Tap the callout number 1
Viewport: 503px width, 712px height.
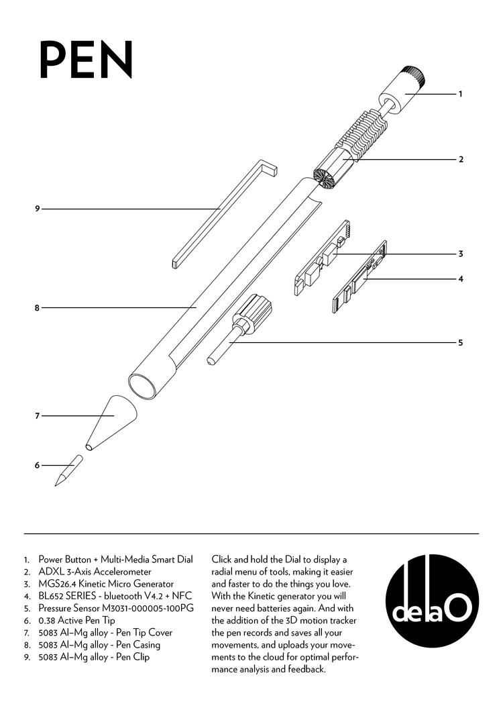(461, 94)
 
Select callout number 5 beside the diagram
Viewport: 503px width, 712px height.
(461, 342)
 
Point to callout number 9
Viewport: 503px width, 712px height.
(38, 209)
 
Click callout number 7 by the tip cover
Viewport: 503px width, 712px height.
(38, 416)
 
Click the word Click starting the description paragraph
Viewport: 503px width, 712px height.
(224, 559)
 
